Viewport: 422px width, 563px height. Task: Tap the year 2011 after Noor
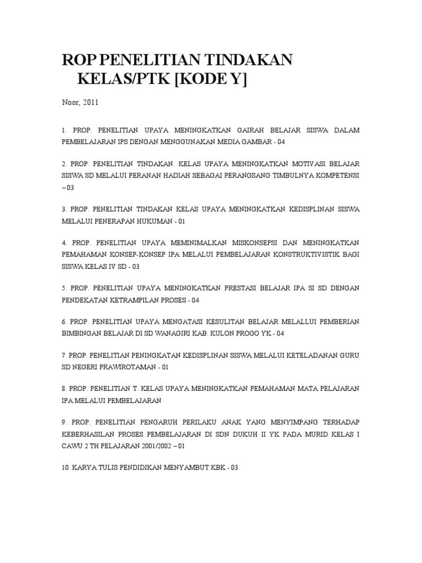point(90,102)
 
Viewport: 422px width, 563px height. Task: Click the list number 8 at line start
point(64,388)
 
